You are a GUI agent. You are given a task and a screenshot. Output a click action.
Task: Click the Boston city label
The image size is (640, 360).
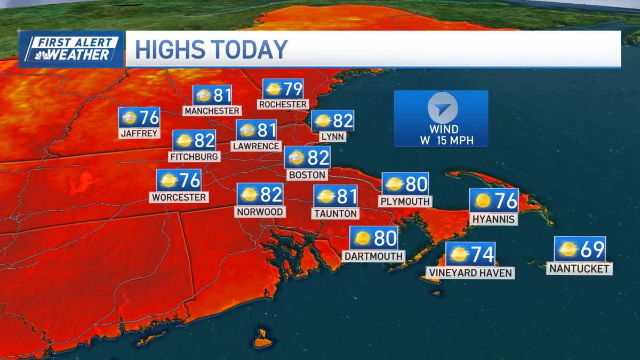click(307, 174)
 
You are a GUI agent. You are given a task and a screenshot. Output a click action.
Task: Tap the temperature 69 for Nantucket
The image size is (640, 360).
click(590, 249)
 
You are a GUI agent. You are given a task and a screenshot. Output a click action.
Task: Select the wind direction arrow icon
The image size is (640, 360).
click(442, 108)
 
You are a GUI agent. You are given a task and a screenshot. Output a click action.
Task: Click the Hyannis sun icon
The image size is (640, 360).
click(483, 201)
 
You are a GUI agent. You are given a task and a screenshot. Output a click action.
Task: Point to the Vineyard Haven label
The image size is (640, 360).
click(470, 273)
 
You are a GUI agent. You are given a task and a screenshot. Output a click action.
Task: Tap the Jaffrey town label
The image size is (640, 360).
click(140, 133)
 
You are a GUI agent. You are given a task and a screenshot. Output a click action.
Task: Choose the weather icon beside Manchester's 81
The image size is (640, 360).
click(203, 96)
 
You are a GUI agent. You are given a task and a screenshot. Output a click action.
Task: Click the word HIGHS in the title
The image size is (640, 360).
click(170, 49)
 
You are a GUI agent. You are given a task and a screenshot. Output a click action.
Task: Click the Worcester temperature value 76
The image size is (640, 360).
click(189, 180)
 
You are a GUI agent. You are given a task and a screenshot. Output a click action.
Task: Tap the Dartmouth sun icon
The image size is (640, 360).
click(363, 238)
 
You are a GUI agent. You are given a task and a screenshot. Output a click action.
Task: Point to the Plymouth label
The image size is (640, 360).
click(405, 202)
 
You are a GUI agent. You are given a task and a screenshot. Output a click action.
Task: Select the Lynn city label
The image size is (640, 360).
click(332, 137)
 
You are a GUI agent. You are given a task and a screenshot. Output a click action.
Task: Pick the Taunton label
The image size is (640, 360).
click(335, 213)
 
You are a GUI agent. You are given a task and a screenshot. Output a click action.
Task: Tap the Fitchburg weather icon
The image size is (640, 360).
click(184, 141)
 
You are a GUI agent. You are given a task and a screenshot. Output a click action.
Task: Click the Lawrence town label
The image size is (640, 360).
click(256, 146)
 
